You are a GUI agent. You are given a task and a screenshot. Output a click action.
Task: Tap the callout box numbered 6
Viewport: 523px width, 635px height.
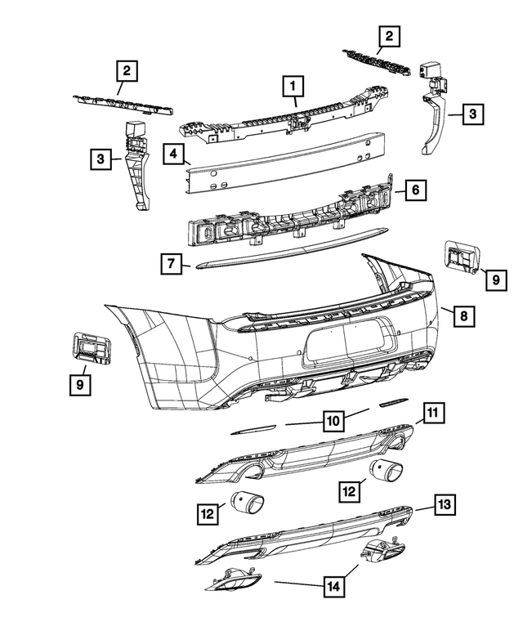pos(415,190)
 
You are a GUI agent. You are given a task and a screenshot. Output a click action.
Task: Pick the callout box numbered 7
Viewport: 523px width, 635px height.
pos(171,264)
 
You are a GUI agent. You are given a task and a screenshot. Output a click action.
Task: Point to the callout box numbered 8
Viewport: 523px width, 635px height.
pos(463,315)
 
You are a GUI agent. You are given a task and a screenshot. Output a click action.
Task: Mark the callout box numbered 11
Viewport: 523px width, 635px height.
pos(434,414)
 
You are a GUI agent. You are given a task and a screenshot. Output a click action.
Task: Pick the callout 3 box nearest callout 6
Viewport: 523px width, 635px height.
pos(472,115)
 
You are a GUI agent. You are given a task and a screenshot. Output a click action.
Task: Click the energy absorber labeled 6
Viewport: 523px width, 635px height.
pos(286,221)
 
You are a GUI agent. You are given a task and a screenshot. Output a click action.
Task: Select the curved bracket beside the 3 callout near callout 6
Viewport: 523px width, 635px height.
pos(433,123)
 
